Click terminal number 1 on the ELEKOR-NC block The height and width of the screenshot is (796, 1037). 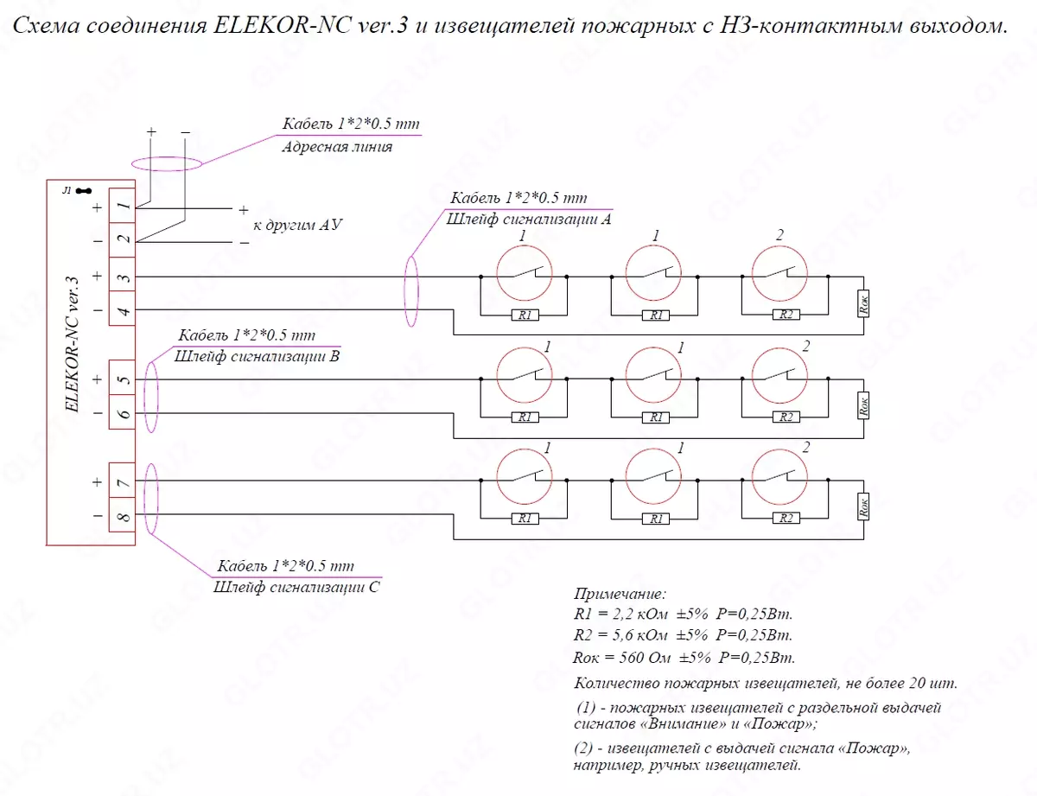(123, 207)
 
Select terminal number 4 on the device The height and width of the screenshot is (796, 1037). (123, 310)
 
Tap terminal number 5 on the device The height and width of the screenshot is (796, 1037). (123, 379)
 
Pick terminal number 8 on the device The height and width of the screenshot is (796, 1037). (123, 517)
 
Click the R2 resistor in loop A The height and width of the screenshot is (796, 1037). (786, 315)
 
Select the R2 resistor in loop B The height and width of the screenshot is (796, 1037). (786, 417)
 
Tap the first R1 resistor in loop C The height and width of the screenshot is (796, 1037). (524, 519)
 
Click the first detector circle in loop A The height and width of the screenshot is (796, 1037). (525, 272)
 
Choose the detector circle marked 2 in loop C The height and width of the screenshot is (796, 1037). (780, 475)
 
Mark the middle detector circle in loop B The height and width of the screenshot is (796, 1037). (652, 373)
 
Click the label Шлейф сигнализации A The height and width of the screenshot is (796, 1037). (529, 220)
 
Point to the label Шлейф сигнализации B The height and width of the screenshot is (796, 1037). (257, 355)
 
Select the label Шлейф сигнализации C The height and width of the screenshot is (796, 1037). (296, 587)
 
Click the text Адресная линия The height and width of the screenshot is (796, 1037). (337, 147)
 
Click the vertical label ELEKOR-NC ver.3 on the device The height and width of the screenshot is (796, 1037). (72, 346)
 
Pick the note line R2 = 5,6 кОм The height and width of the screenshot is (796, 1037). (683, 635)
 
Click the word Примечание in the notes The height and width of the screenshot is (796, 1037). (620, 595)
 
